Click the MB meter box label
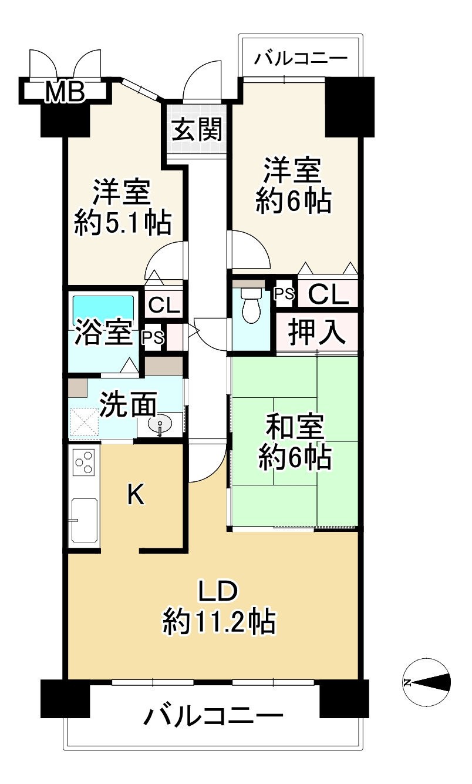[x=65, y=91]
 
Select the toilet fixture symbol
[x=251, y=304]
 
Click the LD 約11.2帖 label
[x=218, y=605]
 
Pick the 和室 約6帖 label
[x=294, y=441]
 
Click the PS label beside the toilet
[x=285, y=294]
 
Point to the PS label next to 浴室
[x=153, y=337]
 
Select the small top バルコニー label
[x=301, y=59]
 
